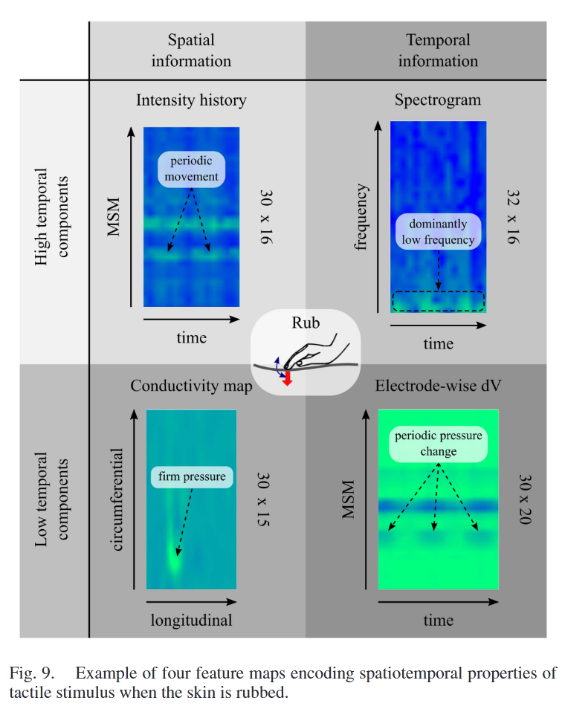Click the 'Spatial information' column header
point(191,51)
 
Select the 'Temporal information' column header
point(437,51)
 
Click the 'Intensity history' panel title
point(191,100)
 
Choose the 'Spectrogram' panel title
point(438,100)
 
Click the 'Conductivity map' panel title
point(191,386)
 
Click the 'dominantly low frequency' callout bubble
point(438,232)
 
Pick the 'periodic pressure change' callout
point(437,443)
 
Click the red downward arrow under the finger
point(288,378)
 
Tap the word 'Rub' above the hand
point(306,325)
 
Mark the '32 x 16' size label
point(513,216)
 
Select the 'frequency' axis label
point(362,217)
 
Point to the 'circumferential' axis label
point(117,499)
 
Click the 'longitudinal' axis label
point(192,620)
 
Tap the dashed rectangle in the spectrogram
point(438,301)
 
